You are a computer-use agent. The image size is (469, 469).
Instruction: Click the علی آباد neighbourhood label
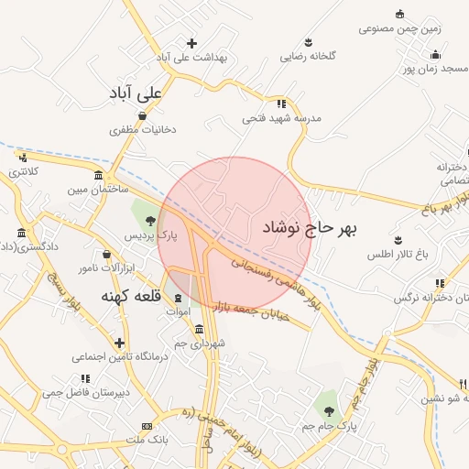pos(136,93)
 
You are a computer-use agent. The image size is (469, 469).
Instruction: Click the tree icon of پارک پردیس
pos(148,219)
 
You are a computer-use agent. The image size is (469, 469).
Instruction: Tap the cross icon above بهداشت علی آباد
pos(191,43)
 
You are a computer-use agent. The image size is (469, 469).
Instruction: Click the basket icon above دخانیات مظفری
pos(142,115)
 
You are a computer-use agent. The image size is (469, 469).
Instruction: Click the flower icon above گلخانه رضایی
pos(310,42)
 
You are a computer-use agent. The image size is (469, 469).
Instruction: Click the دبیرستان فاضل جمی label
pos(81,393)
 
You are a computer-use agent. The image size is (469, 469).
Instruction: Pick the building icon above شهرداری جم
pos(199,330)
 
